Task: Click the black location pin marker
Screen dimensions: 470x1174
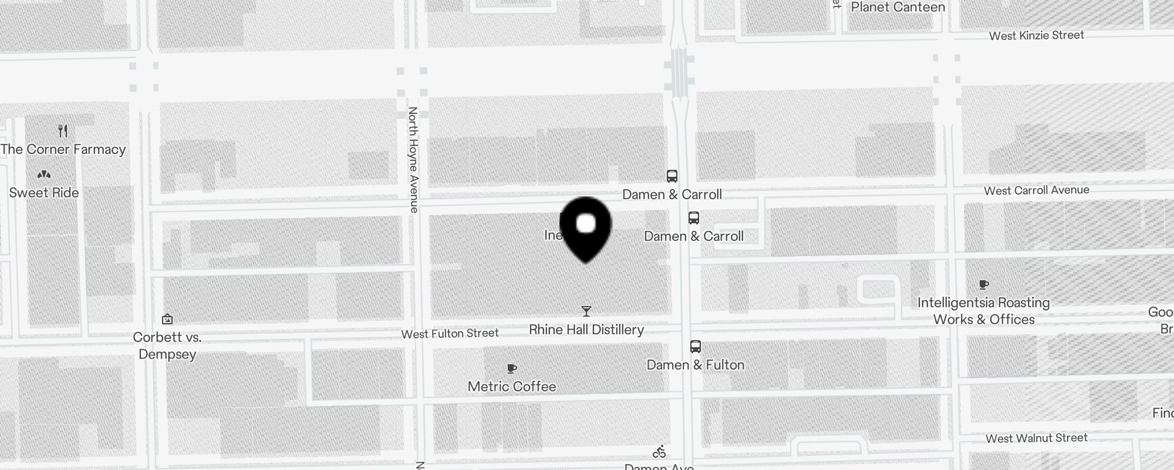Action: [x=586, y=228]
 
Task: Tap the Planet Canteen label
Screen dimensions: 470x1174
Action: [x=898, y=7]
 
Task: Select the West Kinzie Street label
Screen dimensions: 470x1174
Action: [x=1036, y=35]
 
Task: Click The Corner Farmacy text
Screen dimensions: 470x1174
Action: [x=63, y=149]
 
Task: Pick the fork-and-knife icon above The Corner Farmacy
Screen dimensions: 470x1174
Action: [x=63, y=130]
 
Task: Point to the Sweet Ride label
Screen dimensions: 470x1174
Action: [x=44, y=193]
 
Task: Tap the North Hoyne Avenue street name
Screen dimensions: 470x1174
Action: [x=413, y=159]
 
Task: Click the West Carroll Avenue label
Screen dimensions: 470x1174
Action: [x=1036, y=190]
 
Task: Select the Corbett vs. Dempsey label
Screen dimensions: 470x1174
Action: [x=167, y=345]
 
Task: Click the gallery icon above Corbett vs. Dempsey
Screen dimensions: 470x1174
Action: [x=167, y=319]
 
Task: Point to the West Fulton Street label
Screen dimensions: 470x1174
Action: [x=450, y=334]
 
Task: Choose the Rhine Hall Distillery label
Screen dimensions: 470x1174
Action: [x=586, y=330]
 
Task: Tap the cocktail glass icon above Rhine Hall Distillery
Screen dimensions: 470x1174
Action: [x=586, y=311]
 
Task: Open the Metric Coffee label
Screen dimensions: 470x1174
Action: [x=512, y=387]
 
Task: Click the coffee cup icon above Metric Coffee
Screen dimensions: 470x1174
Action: [x=512, y=368]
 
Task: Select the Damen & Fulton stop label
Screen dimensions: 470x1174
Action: [x=696, y=365]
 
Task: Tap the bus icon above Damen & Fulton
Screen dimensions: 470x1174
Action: [x=696, y=346]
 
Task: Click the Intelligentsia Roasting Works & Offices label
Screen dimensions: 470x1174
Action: [x=984, y=311]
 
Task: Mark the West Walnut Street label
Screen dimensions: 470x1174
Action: [x=1036, y=438]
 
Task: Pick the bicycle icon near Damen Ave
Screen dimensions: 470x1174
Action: [x=659, y=451]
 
